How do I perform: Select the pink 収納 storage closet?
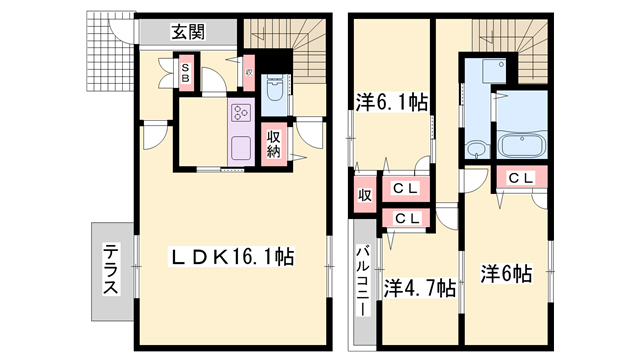point(273,142)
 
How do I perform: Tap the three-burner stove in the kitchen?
point(242,114)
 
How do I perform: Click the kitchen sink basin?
point(241,149)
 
